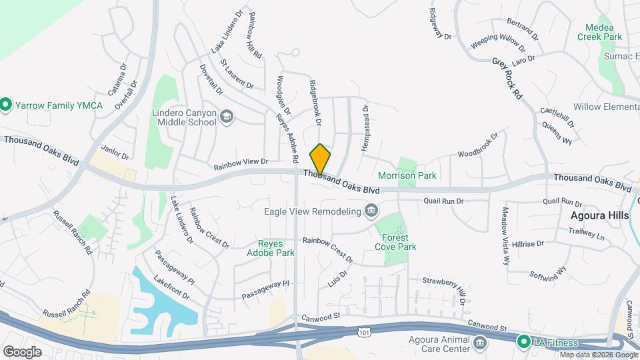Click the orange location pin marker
pos(320,159)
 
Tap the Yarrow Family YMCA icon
pos(6,104)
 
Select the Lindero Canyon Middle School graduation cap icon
pos(227,117)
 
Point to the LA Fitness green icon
pos(524,342)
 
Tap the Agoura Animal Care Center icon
pos(479,343)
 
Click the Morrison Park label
pos(407,176)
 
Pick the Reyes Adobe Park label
pos(271,249)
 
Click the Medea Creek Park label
pos(603,33)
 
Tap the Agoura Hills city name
pos(599,216)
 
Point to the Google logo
pos(22,351)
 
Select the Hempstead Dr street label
pos(365,127)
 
